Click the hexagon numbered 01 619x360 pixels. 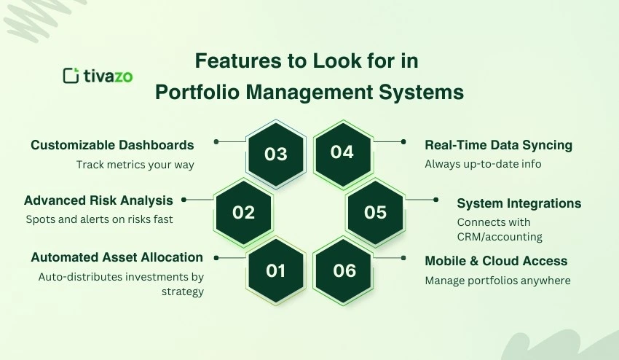[275, 271]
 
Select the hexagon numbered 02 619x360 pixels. [243, 213]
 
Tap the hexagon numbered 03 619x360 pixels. [275, 154]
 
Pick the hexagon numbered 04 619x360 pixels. [342, 152]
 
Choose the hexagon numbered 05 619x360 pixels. [375, 212]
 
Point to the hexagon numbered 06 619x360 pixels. [344, 270]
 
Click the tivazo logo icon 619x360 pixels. [71, 75]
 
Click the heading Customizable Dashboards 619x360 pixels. [112, 145]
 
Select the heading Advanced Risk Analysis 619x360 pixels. [98, 200]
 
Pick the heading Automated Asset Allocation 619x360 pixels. [117, 257]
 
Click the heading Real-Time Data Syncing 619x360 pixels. [498, 145]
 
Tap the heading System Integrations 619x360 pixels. [519, 203]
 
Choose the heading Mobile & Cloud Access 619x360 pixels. [496, 261]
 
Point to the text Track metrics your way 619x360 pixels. [135, 165]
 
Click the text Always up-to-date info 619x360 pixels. [483, 164]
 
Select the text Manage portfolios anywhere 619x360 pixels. [497, 281]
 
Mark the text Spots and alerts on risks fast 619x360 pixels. [98, 219]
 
